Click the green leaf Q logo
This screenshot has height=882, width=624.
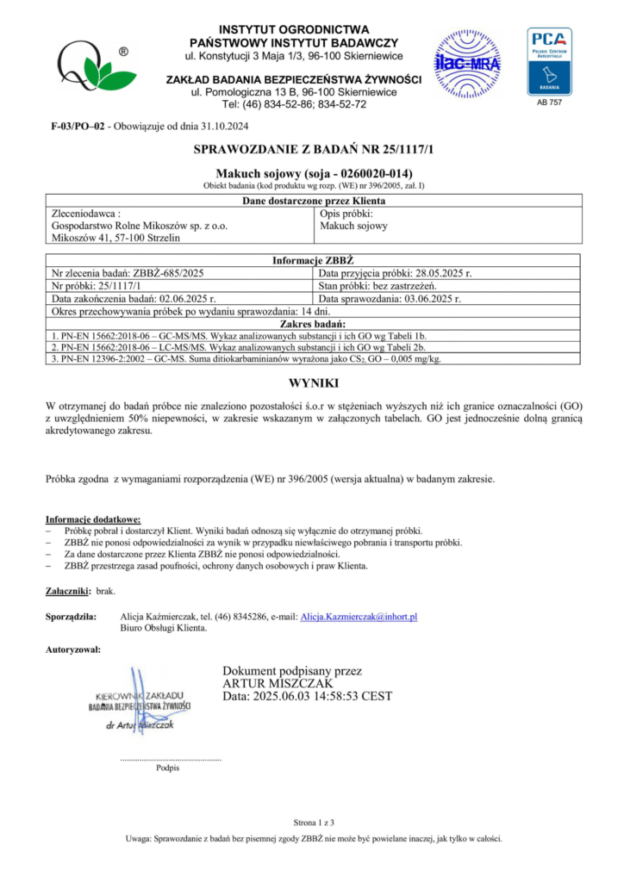coord(90,68)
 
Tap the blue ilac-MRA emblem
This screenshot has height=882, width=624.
coord(465,62)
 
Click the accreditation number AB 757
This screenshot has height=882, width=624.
coord(549,102)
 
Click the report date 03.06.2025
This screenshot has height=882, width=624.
coord(425,298)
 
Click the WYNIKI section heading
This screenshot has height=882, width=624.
coord(312,382)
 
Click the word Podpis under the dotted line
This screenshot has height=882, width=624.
coord(168,767)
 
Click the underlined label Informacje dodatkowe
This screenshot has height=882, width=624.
coord(92,519)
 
